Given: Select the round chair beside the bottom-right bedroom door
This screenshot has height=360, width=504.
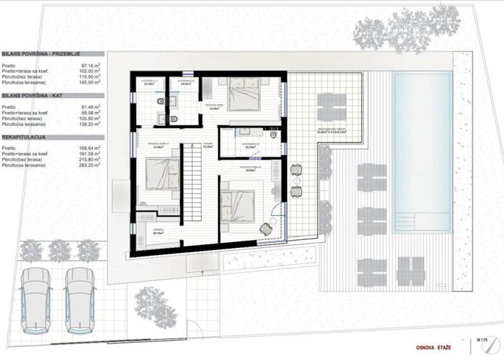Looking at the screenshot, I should click(267, 229).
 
